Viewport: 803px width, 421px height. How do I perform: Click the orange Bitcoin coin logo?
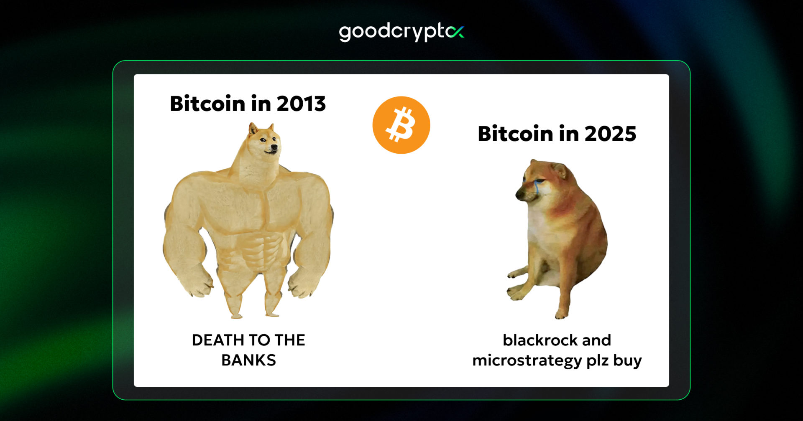point(401,125)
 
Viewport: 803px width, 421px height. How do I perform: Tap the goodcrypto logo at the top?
point(401,32)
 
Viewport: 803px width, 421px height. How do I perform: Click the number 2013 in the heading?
point(301,104)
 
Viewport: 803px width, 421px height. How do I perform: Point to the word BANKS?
point(248,360)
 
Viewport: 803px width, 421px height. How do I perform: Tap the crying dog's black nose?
point(519,194)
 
